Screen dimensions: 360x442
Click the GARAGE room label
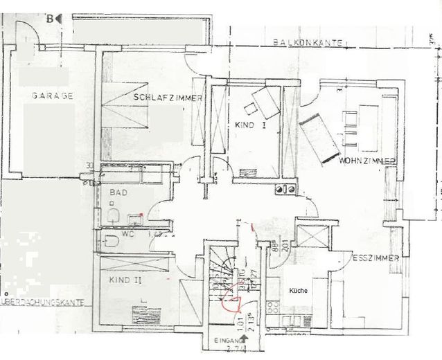pos(51,96)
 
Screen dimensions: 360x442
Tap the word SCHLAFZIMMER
pos(168,98)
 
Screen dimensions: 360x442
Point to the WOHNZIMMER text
pos(367,161)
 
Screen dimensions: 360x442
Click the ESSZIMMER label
pos(375,258)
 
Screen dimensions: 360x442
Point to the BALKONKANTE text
pos(308,43)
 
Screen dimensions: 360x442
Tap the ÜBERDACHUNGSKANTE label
pos(43,303)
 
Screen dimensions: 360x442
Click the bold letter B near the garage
pos(50,19)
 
